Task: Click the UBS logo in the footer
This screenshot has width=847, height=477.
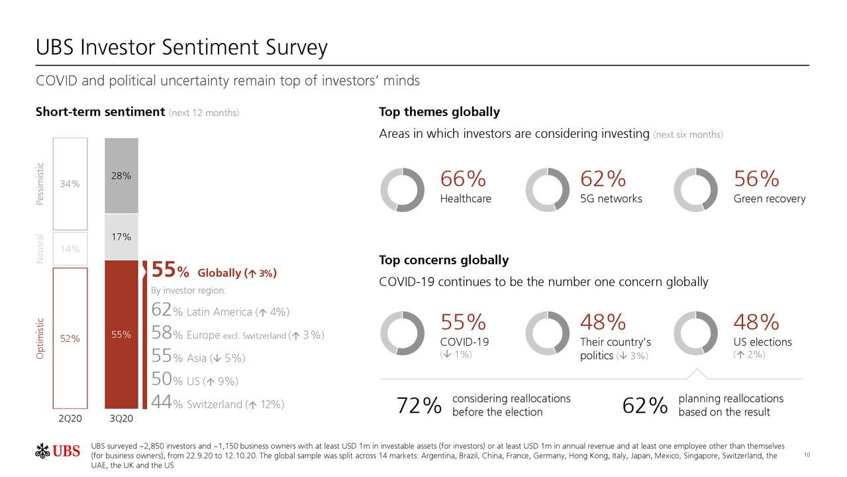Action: click(58, 452)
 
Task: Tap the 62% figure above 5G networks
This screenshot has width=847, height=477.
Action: click(603, 179)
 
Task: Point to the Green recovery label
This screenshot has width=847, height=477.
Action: click(770, 199)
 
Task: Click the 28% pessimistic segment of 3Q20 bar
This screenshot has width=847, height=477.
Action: click(121, 176)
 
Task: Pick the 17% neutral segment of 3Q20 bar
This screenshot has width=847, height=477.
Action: click(121, 237)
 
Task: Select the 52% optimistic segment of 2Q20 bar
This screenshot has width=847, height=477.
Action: click(70, 338)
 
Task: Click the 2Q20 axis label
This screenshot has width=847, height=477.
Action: click(70, 418)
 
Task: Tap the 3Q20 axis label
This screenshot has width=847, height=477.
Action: click(121, 418)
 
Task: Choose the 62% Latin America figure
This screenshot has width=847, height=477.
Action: click(162, 311)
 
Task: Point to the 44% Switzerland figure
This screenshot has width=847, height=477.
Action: click(162, 403)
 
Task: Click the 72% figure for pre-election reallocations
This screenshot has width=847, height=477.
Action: click(419, 405)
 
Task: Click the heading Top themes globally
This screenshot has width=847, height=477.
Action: click(439, 112)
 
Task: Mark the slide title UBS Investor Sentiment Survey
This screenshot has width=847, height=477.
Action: click(181, 48)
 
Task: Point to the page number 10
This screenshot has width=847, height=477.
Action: click(807, 454)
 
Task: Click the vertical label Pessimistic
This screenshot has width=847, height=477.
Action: click(40, 184)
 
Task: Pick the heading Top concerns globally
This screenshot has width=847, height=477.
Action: click(443, 260)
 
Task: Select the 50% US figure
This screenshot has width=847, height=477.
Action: click(162, 380)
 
